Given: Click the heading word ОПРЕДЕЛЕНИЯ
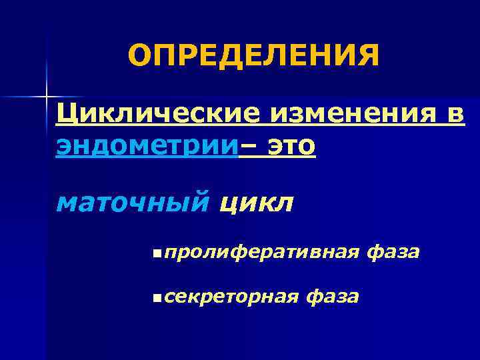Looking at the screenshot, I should (253, 56).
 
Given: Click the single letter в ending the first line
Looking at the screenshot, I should (453, 116).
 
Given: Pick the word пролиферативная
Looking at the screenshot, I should (259, 253).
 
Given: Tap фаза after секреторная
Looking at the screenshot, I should (331, 295).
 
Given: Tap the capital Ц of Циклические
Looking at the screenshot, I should (66, 115).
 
